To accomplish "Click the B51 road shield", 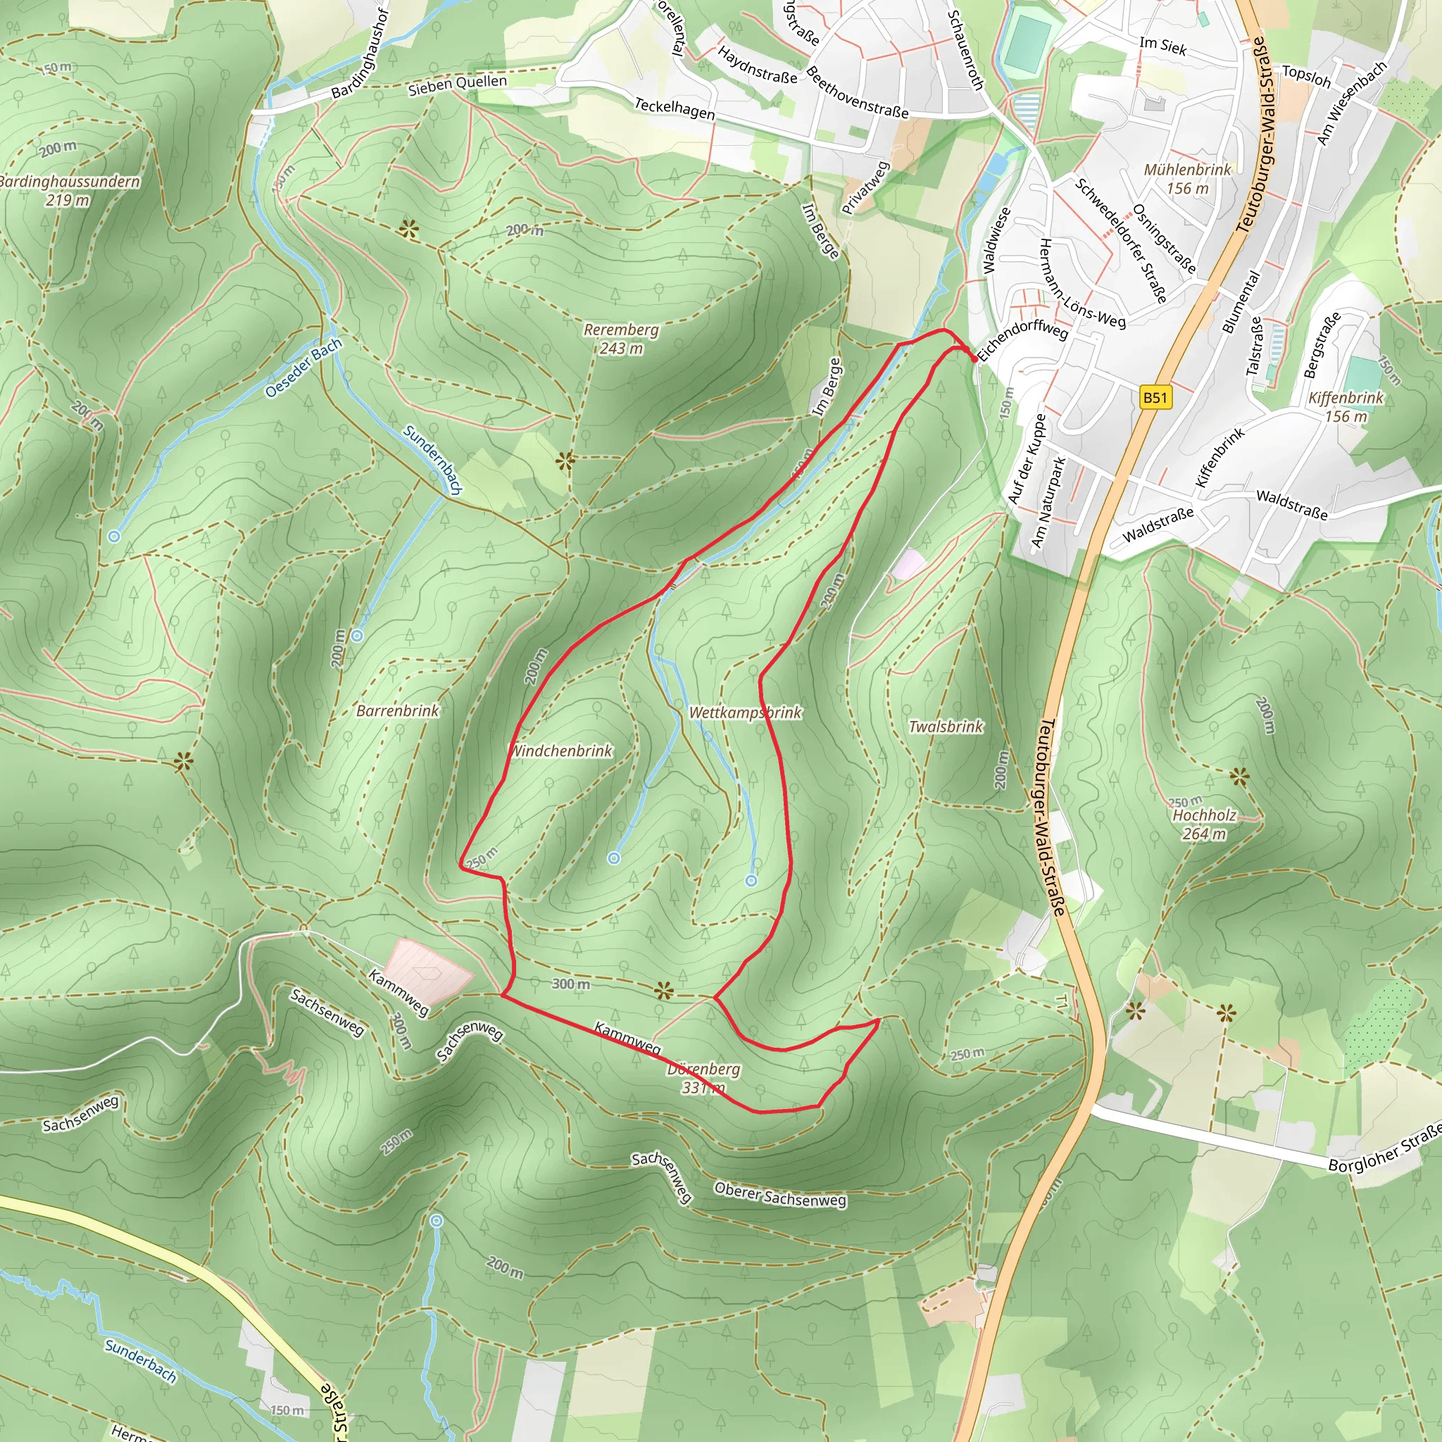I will tap(1155, 398).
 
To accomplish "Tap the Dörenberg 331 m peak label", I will tap(703, 1079).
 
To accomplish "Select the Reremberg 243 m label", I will tap(621, 339).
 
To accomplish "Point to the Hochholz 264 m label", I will tap(1204, 824).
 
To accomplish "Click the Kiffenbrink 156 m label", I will tap(1346, 407).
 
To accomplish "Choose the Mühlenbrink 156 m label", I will tap(1188, 178).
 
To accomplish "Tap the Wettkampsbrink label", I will tap(745, 712).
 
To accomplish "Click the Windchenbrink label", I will tap(561, 751).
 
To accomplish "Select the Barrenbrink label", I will tap(398, 710).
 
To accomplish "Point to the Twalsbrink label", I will tap(946, 726).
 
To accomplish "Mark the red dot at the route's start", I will tap(974, 359).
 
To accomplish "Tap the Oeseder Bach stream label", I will tap(303, 368).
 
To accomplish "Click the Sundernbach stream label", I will tap(432, 459).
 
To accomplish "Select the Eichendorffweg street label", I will tap(1023, 339).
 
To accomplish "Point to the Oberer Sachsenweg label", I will tap(780, 1194).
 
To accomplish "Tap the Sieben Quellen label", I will tap(457, 85).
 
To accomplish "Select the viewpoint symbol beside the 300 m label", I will tap(663, 991).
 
